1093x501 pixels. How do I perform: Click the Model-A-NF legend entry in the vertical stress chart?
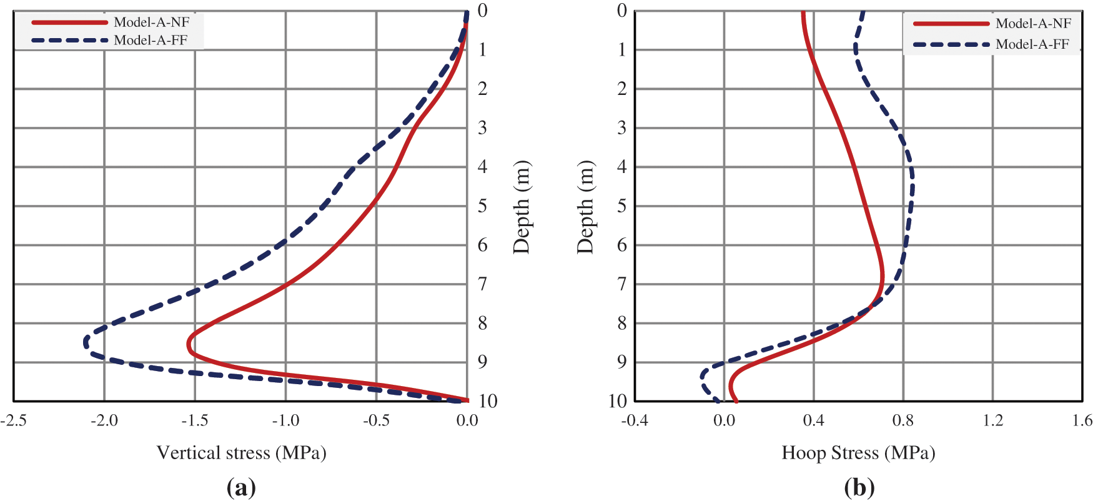point(151,22)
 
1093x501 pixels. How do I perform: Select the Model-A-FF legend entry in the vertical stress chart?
point(150,41)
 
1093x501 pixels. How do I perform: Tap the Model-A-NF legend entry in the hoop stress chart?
point(1033,24)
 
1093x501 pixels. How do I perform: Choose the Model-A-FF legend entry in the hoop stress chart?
point(1032,44)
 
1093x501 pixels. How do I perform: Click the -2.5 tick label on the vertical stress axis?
point(14,420)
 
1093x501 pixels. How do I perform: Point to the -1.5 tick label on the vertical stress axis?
point(194,420)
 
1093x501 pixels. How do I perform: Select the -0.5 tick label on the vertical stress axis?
point(376,420)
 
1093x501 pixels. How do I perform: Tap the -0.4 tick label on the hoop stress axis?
point(634,420)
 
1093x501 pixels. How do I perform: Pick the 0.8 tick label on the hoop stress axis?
point(903,420)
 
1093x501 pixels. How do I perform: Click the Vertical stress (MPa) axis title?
point(241,452)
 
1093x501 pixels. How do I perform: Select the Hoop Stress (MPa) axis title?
point(858,452)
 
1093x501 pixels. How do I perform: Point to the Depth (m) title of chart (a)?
point(522,207)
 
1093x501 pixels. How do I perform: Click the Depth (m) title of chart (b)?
point(585,207)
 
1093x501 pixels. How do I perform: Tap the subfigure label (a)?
point(241,487)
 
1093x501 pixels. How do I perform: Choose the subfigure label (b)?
point(859,487)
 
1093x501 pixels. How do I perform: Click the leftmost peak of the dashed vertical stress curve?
point(85,342)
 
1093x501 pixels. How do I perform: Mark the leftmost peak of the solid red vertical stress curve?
point(188,344)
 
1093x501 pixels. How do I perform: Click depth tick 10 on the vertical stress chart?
point(488,401)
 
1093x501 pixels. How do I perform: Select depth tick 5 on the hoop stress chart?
point(621,206)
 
